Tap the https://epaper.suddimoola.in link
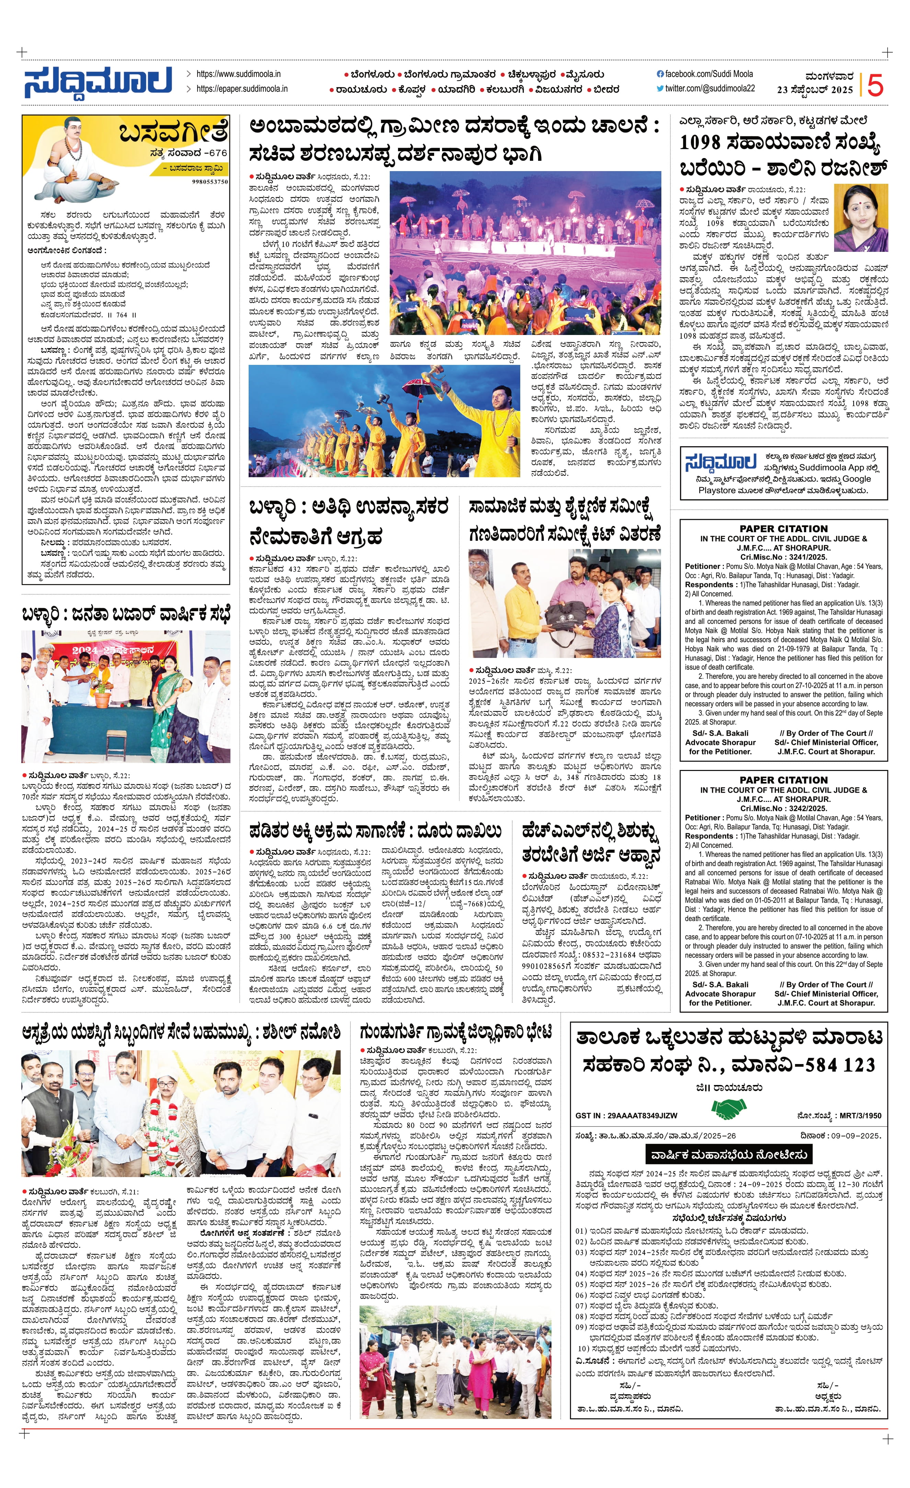[x=241, y=89]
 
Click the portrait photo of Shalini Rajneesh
[x=861, y=217]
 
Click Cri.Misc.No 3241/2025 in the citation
[x=783, y=557]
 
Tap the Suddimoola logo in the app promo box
[x=720, y=462]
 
